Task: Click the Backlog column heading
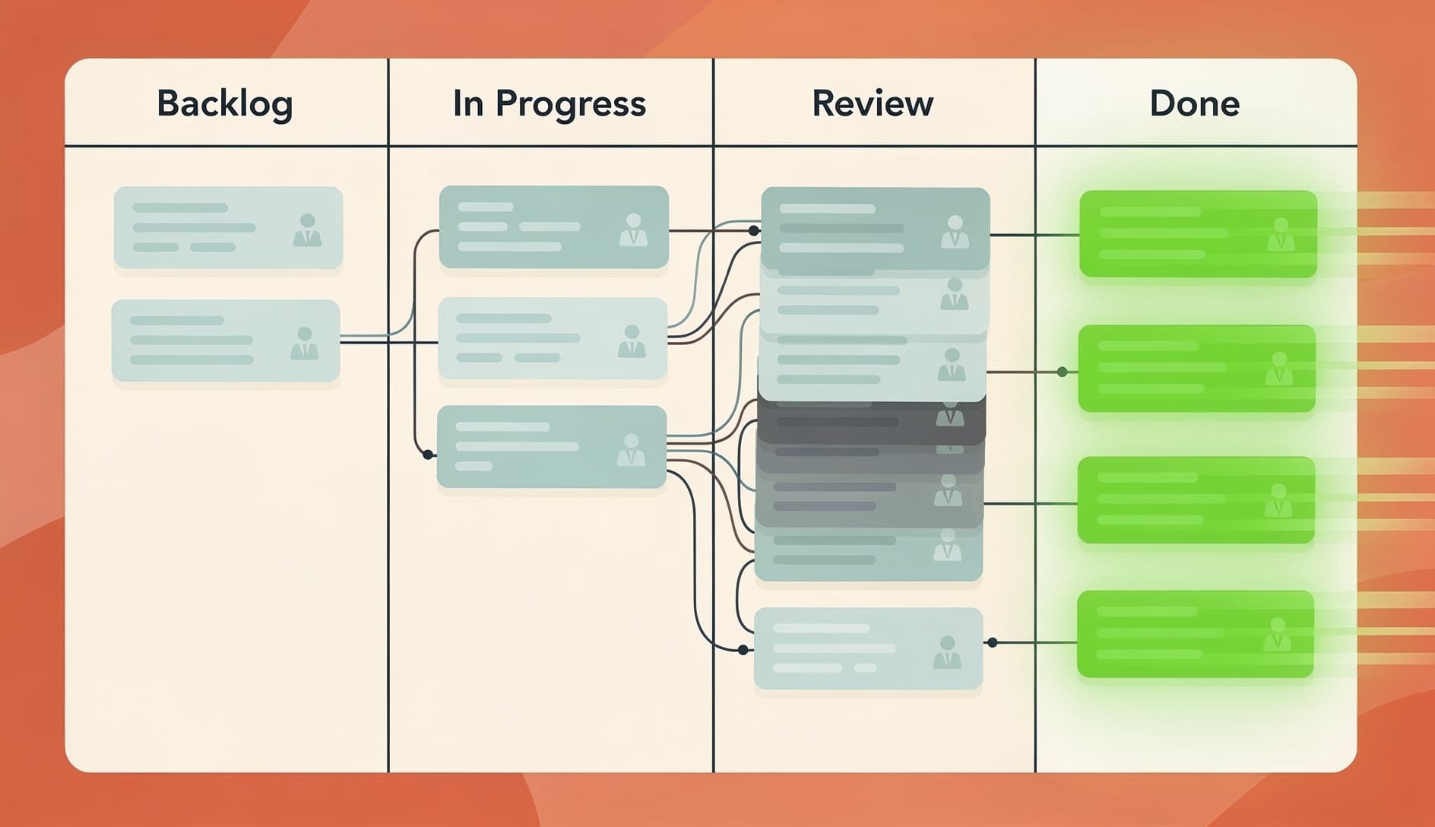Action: (225, 103)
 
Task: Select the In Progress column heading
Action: (549, 103)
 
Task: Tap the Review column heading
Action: (873, 103)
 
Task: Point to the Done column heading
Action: (1194, 103)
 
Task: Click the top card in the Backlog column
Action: (228, 227)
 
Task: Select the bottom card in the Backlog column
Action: (226, 341)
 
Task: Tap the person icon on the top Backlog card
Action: (307, 230)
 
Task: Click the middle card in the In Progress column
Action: (553, 338)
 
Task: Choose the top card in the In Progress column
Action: (554, 227)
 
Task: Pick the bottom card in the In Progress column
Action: (552, 447)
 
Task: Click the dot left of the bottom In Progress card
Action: (428, 455)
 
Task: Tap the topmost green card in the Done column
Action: (1198, 234)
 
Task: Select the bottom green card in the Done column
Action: (1196, 634)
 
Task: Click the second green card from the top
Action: (1197, 369)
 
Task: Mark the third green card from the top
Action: (1196, 500)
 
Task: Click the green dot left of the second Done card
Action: (1062, 372)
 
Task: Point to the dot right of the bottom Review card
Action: (992, 642)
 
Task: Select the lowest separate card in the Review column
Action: (868, 648)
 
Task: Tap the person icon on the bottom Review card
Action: (947, 652)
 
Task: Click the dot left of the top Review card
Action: (753, 230)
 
